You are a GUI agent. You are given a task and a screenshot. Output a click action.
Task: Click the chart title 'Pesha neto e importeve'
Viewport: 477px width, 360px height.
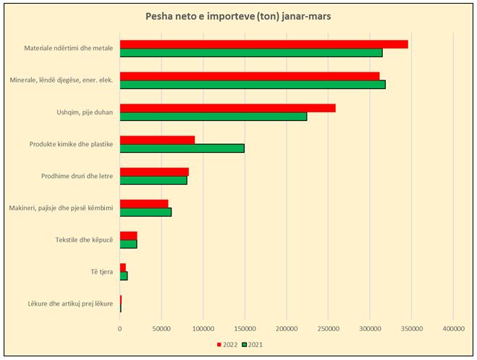tap(238, 16)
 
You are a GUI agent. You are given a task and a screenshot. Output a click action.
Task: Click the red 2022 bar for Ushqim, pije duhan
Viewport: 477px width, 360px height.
tap(227, 108)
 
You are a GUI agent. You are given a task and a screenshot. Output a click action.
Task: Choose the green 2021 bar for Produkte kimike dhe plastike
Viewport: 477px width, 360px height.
tap(182, 148)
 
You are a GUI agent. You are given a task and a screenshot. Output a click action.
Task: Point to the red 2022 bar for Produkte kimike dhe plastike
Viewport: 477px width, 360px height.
tap(157, 140)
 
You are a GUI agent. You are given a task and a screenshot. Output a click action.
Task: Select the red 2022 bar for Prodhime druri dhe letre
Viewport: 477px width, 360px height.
tap(154, 172)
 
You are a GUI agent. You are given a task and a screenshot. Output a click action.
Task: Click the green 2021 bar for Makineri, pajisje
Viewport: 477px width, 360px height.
tap(145, 212)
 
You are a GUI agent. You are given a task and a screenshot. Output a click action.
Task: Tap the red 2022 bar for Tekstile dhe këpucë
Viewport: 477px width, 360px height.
tap(128, 235)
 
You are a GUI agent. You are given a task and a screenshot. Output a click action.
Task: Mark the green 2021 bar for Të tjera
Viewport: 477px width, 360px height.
tap(124, 275)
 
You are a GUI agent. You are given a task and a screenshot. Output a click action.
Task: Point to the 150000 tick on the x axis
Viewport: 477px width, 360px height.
tap(245, 328)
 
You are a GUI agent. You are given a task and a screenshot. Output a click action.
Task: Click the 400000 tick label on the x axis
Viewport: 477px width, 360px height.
tap(453, 328)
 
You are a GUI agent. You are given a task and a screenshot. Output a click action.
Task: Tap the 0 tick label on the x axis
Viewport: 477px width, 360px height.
tap(120, 328)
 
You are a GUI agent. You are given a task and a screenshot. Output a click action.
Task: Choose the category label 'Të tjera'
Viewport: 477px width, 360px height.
tap(100, 272)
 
